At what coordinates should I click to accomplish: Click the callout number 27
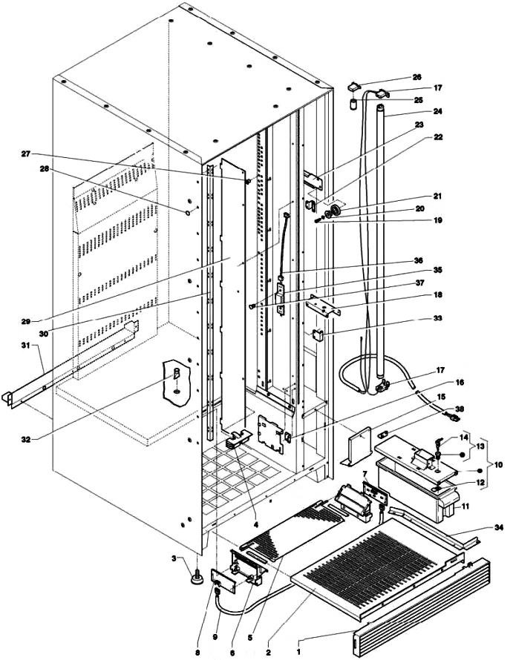click(x=26, y=154)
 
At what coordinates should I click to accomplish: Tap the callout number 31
click(x=27, y=345)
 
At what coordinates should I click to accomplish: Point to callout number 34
click(x=499, y=527)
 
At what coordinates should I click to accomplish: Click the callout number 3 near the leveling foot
click(x=173, y=558)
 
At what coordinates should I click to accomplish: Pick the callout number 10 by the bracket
click(x=498, y=465)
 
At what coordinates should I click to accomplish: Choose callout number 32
click(x=27, y=440)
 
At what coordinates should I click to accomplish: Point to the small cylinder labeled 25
click(x=353, y=104)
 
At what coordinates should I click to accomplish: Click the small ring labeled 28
click(x=187, y=213)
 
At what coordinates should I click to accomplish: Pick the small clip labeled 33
click(x=318, y=335)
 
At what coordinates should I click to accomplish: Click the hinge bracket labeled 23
click(x=313, y=179)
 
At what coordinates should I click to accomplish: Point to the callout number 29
click(x=26, y=322)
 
